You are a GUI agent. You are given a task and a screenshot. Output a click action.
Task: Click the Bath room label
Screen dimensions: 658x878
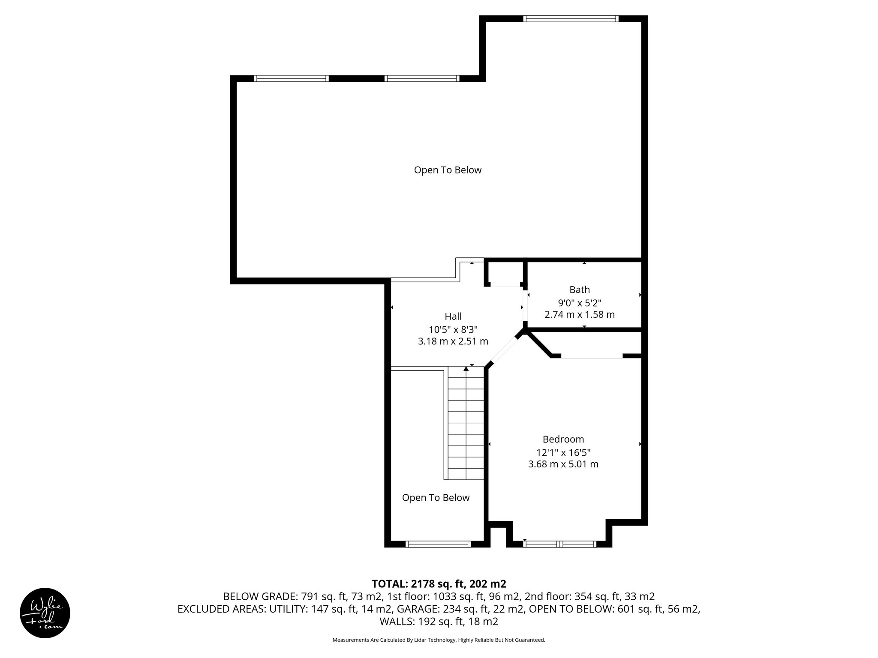pos(579,290)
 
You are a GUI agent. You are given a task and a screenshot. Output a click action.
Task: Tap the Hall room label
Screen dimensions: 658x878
pos(453,317)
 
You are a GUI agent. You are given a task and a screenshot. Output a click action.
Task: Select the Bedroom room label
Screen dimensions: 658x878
pos(563,439)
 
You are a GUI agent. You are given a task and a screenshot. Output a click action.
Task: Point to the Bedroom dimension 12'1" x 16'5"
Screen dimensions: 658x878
pos(563,452)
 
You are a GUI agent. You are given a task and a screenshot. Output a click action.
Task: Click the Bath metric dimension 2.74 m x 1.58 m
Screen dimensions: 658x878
pos(579,315)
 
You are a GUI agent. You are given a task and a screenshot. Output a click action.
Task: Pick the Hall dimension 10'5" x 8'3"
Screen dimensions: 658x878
pos(453,329)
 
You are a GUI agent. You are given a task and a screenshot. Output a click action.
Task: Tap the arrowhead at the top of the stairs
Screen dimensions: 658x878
pos(466,368)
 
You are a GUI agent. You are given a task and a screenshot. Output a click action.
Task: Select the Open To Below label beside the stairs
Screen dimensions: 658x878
pos(436,498)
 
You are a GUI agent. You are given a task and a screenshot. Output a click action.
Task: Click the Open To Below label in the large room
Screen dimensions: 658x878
pos(448,170)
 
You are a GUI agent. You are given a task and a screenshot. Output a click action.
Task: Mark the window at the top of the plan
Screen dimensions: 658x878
pos(570,18)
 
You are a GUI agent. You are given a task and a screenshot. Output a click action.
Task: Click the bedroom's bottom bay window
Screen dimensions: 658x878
pos(559,544)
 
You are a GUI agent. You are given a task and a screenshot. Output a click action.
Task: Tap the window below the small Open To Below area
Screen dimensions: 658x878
pos(438,544)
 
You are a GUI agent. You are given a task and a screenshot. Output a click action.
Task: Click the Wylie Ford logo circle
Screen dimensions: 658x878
pos(45,613)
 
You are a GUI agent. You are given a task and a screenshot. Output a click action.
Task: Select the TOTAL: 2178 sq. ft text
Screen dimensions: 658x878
pos(439,584)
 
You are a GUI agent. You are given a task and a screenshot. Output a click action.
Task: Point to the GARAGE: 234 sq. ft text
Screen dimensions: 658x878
pos(461,609)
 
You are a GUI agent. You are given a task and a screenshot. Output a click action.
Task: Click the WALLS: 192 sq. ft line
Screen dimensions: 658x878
pos(439,622)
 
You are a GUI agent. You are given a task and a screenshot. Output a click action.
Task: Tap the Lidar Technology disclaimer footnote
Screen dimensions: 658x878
pos(439,640)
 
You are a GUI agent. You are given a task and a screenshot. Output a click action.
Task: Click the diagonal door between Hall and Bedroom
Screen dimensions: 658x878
pos(504,350)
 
